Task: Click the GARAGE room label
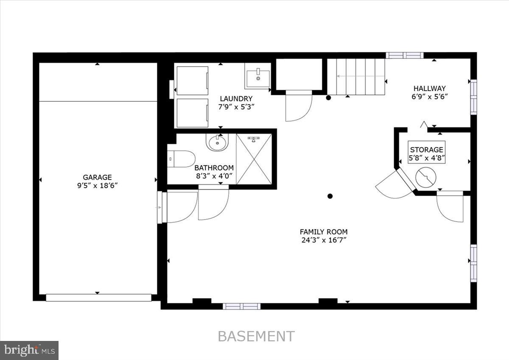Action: [x=97, y=177]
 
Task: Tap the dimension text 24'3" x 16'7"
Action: [x=323, y=240]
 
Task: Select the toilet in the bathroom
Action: [x=181, y=159]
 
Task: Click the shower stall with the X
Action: [x=254, y=159]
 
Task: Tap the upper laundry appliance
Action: [x=192, y=81]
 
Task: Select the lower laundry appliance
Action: [x=192, y=113]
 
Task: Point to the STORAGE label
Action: [x=426, y=150]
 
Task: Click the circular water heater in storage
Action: [x=426, y=177]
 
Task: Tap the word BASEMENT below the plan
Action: [x=256, y=336]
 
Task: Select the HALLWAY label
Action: [x=430, y=88]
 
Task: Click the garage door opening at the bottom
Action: [x=98, y=298]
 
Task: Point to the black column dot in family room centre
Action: [x=330, y=196]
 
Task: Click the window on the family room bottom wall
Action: [x=241, y=306]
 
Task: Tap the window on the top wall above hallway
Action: [x=404, y=55]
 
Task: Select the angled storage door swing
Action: [x=392, y=187]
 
